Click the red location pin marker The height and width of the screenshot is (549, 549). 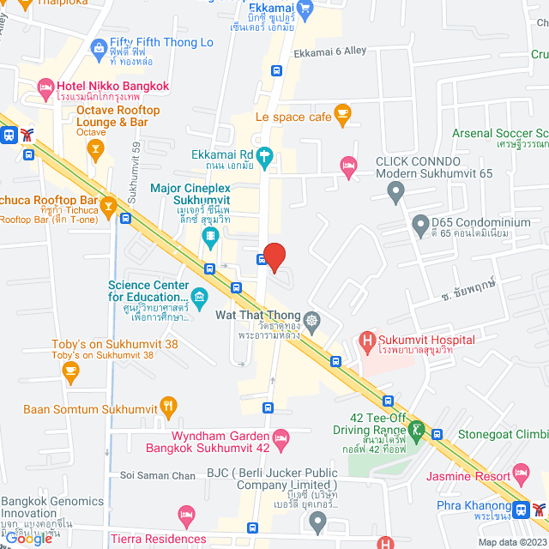point(274,256)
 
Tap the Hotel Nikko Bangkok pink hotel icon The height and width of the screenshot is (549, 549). point(45,87)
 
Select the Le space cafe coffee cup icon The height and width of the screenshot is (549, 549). point(342,113)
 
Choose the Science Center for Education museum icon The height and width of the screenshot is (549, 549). point(200,298)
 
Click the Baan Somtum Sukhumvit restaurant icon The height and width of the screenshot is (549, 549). point(169,405)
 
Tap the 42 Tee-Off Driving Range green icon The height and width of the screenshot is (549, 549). point(418,429)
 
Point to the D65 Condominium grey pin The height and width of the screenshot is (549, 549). point(420,226)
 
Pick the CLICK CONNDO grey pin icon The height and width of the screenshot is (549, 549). point(395,194)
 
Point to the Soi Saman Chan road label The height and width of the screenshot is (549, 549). point(159,475)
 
